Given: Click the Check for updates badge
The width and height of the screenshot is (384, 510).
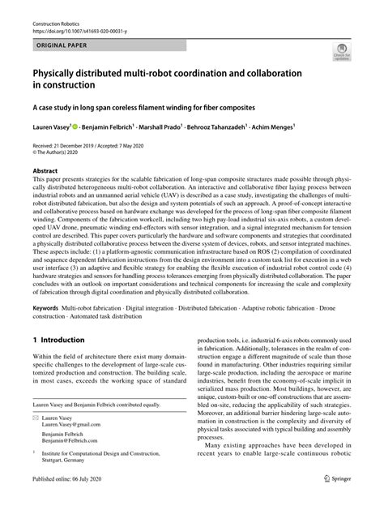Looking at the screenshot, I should coord(339,55).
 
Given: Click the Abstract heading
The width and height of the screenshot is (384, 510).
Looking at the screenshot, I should coord(45,172).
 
